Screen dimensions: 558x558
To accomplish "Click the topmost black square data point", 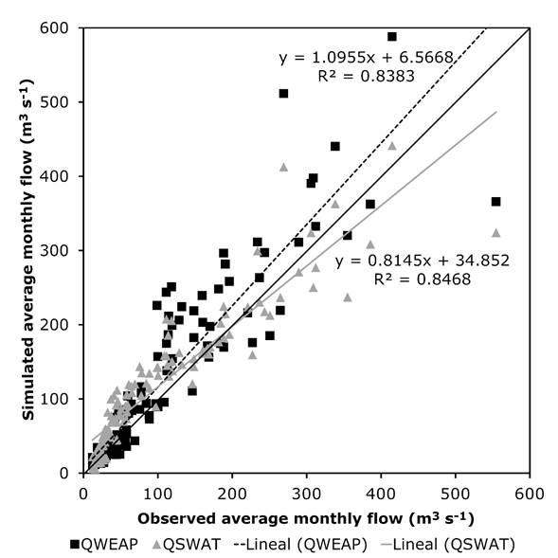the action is (x=392, y=37).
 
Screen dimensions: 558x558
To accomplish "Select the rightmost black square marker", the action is (x=495, y=202).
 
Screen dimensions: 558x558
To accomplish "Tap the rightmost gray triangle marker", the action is (x=496, y=233).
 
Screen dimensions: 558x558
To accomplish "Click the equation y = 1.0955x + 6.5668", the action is (x=367, y=58).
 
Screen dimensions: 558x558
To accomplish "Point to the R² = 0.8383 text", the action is (x=367, y=76).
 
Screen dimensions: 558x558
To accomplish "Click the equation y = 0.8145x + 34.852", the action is (x=423, y=261).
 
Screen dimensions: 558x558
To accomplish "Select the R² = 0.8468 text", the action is (x=423, y=279).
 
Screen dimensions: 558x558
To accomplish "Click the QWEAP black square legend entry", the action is (x=104, y=544).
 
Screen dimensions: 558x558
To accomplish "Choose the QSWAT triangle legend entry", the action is (x=187, y=544).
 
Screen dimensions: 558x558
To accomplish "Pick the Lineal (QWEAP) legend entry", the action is (x=301, y=544).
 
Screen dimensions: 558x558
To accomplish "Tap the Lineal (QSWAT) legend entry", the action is (x=448, y=544).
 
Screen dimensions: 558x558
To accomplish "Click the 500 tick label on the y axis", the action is (x=53, y=102).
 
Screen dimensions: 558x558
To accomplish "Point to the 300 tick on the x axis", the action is (x=306, y=494).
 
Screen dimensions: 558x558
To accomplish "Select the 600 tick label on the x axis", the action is (x=530, y=494).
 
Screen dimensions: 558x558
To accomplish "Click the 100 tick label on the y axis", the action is (x=54, y=399).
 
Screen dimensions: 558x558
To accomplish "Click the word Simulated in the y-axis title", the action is (x=28, y=377).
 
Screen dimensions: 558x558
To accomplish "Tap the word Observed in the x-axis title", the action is (x=176, y=518).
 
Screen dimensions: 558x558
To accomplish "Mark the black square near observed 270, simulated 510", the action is (x=283, y=94).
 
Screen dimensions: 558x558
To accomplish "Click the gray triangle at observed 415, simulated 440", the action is (x=392, y=146).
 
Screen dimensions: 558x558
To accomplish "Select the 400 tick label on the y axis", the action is (x=53, y=176).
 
